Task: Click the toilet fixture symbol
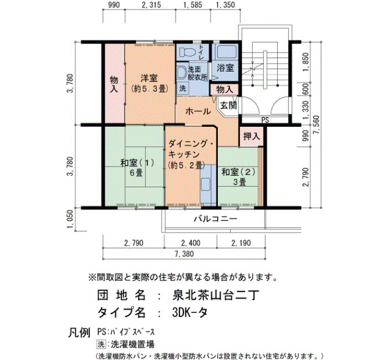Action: click(x=187, y=52)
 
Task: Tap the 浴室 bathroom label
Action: click(x=226, y=68)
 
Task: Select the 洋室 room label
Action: click(x=149, y=79)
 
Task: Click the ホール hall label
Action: click(x=198, y=111)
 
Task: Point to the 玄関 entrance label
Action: click(x=228, y=105)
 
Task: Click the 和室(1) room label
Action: click(x=137, y=163)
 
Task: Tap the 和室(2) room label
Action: click(x=238, y=172)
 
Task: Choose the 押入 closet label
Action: click(x=252, y=136)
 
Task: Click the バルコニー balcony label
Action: click(x=215, y=219)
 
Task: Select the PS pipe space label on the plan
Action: click(x=265, y=120)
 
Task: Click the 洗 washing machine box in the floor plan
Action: click(x=182, y=88)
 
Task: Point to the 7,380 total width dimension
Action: click(x=184, y=254)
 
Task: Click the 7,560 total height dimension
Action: click(x=316, y=125)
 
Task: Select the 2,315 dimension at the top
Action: click(x=151, y=4)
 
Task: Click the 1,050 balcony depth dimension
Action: click(x=70, y=219)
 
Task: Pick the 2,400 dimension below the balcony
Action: click(x=191, y=243)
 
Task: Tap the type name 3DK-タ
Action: click(x=190, y=313)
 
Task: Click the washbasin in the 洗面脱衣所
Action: click(x=182, y=73)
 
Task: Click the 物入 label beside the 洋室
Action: click(x=114, y=85)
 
